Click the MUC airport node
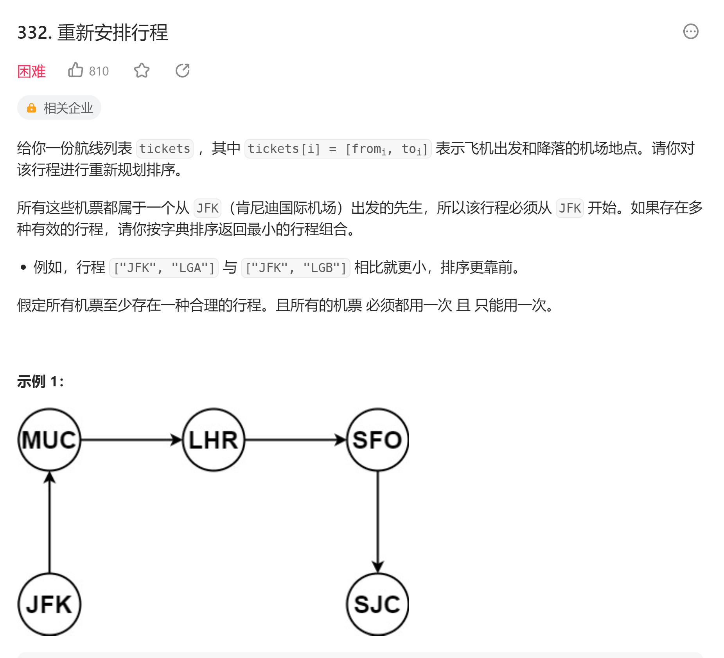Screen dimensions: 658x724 pyautogui.click(x=49, y=440)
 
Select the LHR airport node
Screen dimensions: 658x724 pyautogui.click(x=214, y=440)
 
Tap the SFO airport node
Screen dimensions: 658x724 pyautogui.click(x=377, y=440)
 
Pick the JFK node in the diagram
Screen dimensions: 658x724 pyautogui.click(x=49, y=604)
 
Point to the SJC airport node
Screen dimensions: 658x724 pyautogui.click(x=377, y=604)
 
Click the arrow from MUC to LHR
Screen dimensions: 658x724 pyautogui.click(x=131, y=440)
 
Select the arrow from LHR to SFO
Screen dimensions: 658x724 pyautogui.click(x=295, y=440)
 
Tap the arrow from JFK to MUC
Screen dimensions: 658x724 pyautogui.click(x=49, y=522)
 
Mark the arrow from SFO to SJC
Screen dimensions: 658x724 pyautogui.click(x=377, y=522)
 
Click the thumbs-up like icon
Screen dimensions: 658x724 pyautogui.click(x=75, y=70)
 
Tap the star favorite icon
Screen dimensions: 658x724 pyautogui.click(x=142, y=70)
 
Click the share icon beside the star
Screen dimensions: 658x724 pyautogui.click(x=182, y=70)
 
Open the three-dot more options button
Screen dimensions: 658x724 pyautogui.click(x=690, y=31)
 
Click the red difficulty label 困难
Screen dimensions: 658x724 pyautogui.click(x=31, y=71)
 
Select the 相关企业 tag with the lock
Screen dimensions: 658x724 pyautogui.click(x=59, y=108)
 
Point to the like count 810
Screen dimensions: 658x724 pyautogui.click(x=99, y=71)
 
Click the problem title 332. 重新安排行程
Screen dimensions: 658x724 pyautogui.click(x=93, y=32)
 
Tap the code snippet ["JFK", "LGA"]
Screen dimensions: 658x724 pyautogui.click(x=164, y=268)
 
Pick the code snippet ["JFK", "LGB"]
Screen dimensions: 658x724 pyautogui.click(x=296, y=268)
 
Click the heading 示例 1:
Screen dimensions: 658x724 pyautogui.click(x=40, y=381)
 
